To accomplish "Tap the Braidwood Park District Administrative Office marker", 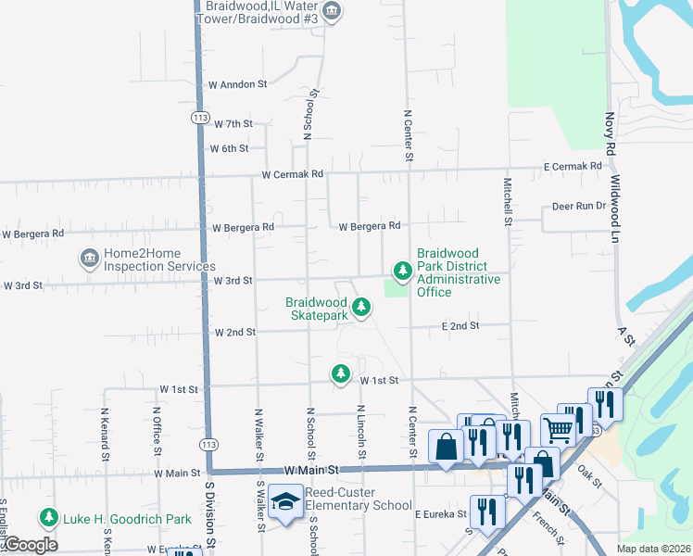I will click(x=402, y=271).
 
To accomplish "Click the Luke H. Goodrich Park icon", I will click(x=46, y=517).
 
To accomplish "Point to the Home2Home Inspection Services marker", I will click(x=90, y=258).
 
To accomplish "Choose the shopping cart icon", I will click(x=558, y=429).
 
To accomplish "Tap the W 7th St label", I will click(x=233, y=123).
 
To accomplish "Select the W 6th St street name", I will click(x=229, y=148).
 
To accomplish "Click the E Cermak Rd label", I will click(x=573, y=166).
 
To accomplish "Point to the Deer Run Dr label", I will click(x=578, y=206).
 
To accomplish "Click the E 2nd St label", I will click(x=460, y=326).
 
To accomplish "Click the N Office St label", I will click(x=156, y=433).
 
